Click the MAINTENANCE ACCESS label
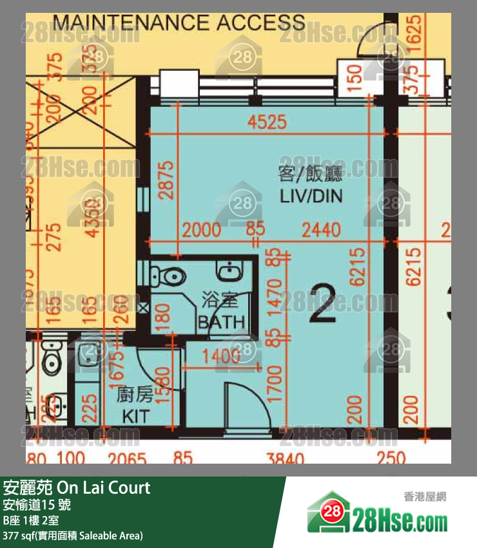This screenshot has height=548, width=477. [x=179, y=24]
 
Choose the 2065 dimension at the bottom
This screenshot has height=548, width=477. [x=127, y=458]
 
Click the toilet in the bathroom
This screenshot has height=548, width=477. [x=169, y=276]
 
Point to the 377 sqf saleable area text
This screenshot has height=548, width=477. [x=73, y=536]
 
